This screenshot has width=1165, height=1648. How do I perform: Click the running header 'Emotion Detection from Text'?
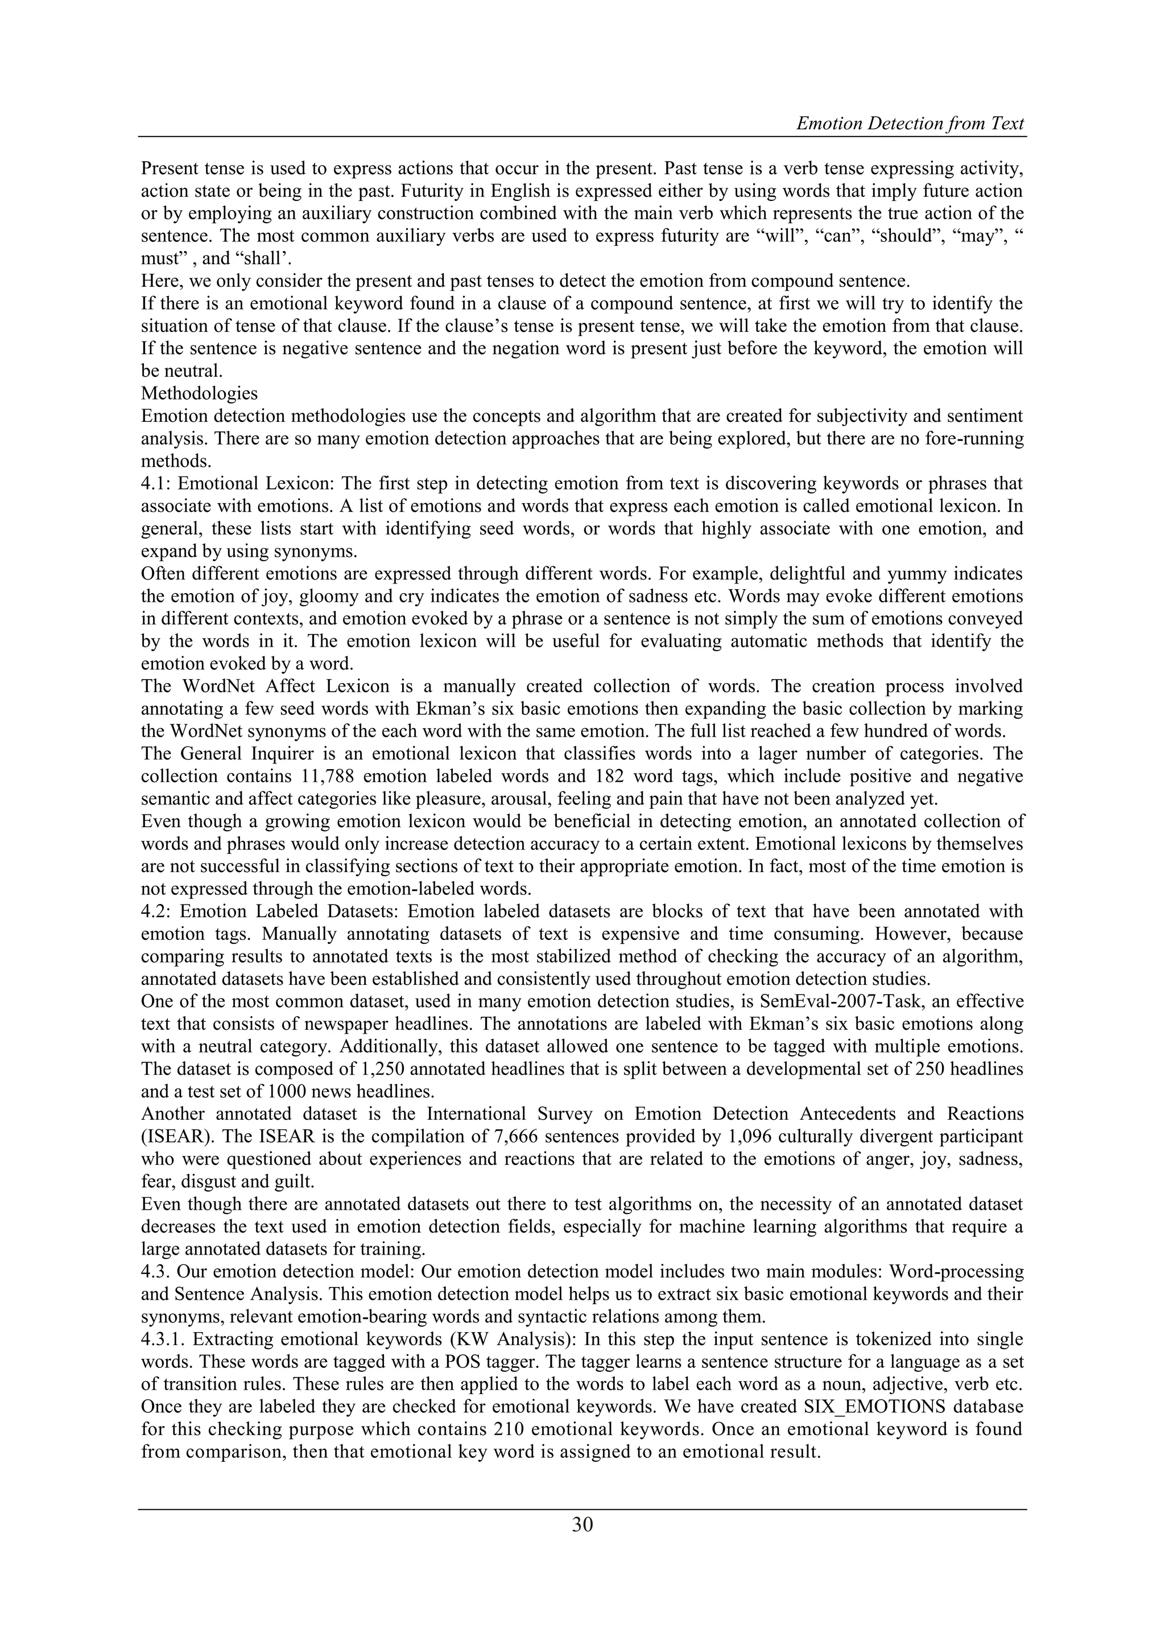coord(910,124)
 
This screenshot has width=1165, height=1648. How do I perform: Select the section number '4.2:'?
coord(156,911)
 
